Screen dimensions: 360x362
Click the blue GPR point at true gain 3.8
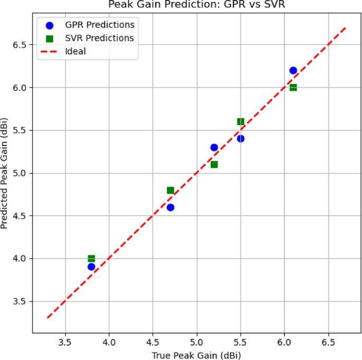coord(91,267)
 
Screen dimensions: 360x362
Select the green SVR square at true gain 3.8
coord(91,259)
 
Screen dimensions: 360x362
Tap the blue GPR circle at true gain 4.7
coord(170,207)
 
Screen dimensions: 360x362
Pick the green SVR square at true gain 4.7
coord(170,190)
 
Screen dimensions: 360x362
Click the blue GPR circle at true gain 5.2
coord(214,147)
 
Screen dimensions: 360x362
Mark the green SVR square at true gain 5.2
coord(214,164)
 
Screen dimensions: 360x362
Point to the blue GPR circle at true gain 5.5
coord(240,138)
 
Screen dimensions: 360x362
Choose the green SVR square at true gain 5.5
coord(240,121)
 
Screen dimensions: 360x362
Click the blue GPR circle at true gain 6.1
coord(293,70)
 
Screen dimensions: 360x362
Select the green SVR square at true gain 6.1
coord(293,87)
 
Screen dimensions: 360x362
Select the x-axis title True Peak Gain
coord(197,355)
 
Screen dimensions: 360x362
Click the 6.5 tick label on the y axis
coord(20,45)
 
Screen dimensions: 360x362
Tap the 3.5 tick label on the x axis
coord(65,342)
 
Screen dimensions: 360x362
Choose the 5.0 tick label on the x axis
coord(197,342)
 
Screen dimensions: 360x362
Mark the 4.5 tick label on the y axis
coord(20,216)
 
